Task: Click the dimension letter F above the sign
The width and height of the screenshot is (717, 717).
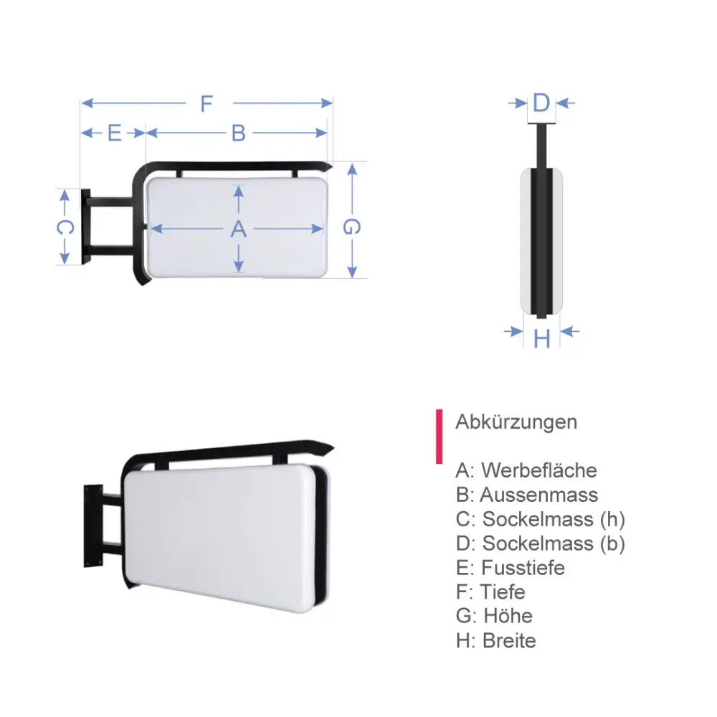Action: coord(206,104)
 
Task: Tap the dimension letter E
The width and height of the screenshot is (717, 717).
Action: coord(114,133)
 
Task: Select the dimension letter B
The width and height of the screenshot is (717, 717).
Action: coord(239,133)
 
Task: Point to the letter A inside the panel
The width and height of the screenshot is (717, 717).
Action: coord(239,229)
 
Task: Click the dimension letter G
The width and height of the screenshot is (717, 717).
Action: coord(351,227)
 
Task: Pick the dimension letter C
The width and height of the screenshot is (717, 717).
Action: coord(65,228)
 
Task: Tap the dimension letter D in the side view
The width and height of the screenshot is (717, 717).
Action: coord(541,103)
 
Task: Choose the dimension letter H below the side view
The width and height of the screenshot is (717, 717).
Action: coord(542,337)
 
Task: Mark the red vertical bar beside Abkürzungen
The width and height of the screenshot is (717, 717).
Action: coord(438,437)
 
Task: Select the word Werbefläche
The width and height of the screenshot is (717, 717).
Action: coord(538,470)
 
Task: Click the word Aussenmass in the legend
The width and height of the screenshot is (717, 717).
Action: coord(538,495)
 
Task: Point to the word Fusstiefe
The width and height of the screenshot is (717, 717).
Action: coord(523,568)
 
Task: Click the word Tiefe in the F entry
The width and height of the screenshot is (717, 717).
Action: coord(503,592)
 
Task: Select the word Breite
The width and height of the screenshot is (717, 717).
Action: coord(509,640)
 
